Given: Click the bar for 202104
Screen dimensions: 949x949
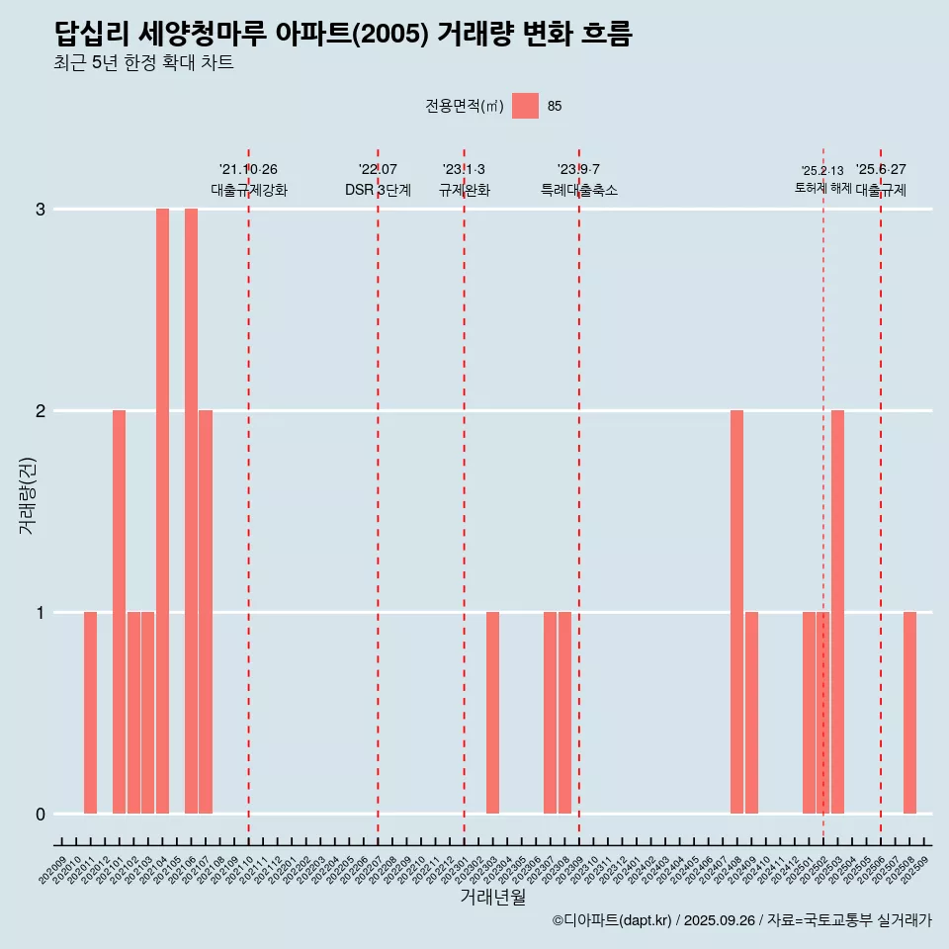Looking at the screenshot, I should (162, 511).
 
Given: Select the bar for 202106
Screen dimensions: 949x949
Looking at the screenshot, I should (191, 511).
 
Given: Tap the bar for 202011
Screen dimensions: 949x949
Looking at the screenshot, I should (90, 713).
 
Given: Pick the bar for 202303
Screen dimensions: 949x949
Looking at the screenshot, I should (492, 713).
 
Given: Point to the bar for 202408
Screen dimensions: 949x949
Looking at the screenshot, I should (736, 612).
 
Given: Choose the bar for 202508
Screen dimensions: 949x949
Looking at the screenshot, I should (909, 713).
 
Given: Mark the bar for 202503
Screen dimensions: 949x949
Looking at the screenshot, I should (837, 612).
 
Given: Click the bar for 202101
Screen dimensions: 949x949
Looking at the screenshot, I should (119, 612).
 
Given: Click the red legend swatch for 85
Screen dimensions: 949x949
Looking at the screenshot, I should (525, 106).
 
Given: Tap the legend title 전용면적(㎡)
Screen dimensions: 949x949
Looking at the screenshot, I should (464, 107).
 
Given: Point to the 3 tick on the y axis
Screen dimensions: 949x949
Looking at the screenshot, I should (41, 210).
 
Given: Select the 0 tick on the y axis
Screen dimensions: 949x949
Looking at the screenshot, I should (41, 815).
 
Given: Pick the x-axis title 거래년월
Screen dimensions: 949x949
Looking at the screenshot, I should (492, 897).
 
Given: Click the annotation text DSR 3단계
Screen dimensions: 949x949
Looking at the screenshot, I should (378, 190).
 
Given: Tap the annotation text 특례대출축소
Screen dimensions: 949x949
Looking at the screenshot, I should (578, 190).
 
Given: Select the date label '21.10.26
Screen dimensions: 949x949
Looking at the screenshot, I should (248, 170).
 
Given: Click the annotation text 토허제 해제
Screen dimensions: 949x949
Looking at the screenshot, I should (822, 188).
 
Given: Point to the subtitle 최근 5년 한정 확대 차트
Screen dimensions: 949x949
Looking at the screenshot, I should (143, 63).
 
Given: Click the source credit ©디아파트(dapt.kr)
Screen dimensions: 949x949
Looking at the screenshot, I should (612, 920).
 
